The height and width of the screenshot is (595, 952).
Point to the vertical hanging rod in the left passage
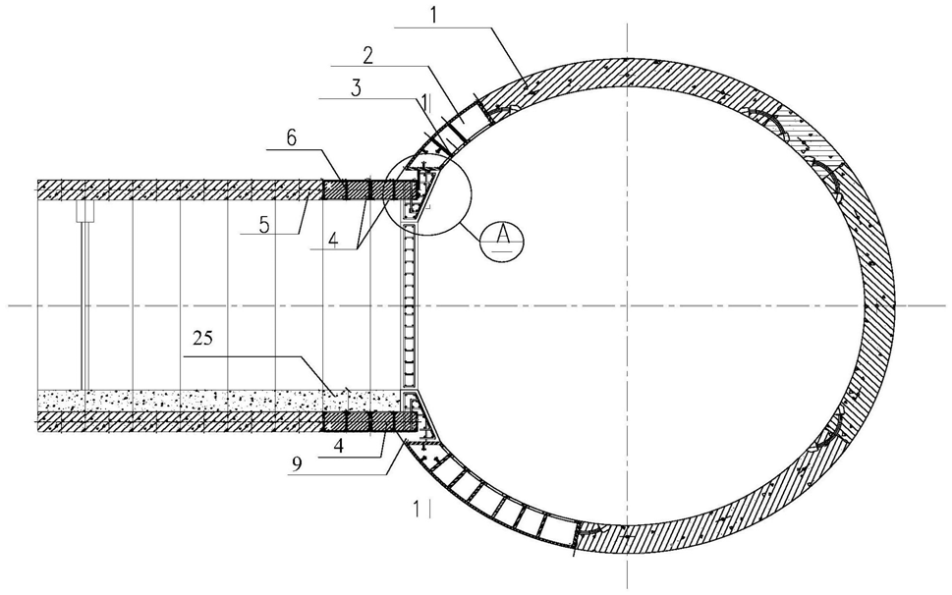pos(85,304)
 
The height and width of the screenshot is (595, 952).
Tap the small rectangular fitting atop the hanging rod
pos(85,211)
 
